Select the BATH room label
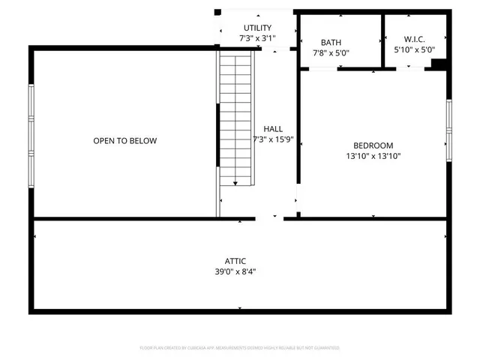[331, 43]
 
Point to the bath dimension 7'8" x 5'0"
[331, 52]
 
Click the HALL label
[273, 129]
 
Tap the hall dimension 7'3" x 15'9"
[273, 140]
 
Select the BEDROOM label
[373, 145]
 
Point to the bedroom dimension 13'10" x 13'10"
[373, 157]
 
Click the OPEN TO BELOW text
[125, 141]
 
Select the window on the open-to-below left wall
[31, 135]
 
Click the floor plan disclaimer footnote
[240, 348]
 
